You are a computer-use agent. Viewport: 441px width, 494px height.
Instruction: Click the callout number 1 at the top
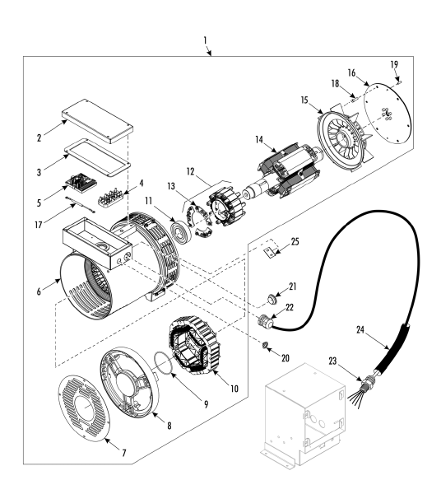click(x=205, y=40)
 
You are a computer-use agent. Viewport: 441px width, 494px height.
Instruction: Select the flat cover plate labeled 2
click(x=98, y=121)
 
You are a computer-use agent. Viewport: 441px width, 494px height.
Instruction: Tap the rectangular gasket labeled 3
click(x=97, y=158)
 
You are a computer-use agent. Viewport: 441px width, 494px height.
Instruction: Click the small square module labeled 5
click(x=81, y=183)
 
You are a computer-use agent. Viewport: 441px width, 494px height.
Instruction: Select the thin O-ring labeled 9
click(x=164, y=363)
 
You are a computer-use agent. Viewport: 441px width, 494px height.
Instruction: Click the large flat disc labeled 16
click(x=388, y=114)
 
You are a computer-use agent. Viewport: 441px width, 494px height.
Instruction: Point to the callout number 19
click(x=394, y=64)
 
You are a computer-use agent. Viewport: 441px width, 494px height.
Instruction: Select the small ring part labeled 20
click(x=264, y=345)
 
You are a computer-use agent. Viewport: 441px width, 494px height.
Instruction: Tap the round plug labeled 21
click(x=271, y=298)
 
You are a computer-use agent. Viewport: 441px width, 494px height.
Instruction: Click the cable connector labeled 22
click(x=265, y=322)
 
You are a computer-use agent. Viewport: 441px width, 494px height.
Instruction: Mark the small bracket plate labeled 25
click(x=270, y=252)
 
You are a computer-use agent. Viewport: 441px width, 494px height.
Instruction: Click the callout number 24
click(x=360, y=330)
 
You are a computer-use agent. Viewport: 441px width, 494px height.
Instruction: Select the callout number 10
click(x=234, y=389)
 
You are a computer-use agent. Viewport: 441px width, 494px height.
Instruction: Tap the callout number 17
click(x=39, y=225)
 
